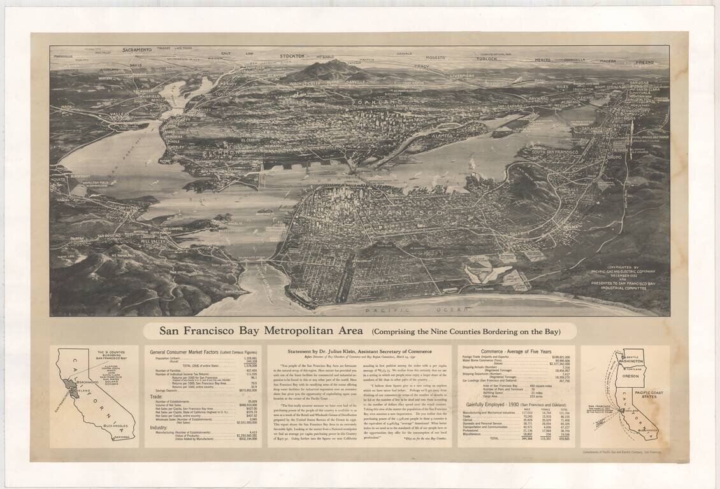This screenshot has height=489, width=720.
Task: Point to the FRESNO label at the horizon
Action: [644, 62]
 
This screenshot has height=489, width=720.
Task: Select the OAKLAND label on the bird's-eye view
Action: [373, 102]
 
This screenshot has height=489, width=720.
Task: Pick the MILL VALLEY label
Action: [154, 242]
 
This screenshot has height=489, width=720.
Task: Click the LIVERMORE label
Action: [466, 75]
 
